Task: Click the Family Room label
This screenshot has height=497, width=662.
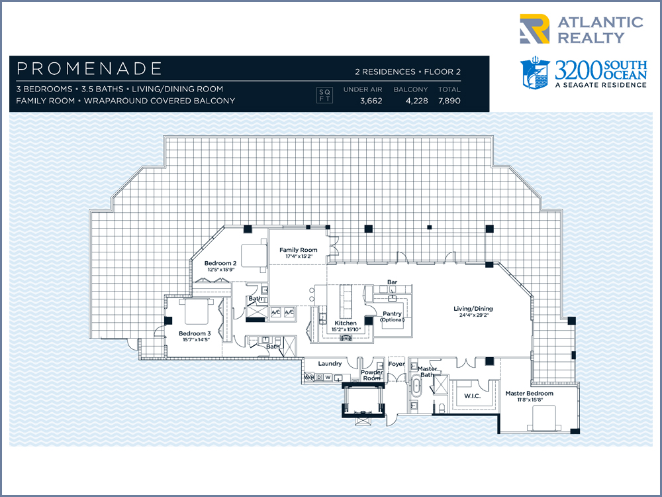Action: (298, 250)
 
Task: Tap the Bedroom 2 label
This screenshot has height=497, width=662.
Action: (220, 263)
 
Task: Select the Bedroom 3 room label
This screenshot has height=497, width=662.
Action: (195, 333)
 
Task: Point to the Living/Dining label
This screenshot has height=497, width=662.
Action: (473, 309)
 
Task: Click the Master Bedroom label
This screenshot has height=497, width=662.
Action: (530, 393)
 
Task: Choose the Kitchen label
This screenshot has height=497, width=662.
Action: (346, 323)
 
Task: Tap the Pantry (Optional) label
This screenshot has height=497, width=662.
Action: (392, 317)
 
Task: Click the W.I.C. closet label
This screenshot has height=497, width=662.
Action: (472, 396)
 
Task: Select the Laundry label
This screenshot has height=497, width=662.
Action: (330, 363)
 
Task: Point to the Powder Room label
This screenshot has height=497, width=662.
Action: (372, 375)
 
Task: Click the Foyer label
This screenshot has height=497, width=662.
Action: (397, 363)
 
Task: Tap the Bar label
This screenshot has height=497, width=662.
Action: (392, 282)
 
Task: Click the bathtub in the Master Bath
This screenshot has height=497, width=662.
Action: (416, 388)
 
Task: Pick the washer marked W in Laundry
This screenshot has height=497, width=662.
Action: (328, 377)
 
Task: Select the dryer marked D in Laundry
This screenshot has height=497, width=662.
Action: (319, 377)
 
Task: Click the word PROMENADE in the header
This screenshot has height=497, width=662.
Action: (89, 68)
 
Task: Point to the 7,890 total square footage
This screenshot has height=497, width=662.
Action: (449, 101)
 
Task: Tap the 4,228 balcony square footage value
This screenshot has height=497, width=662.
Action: (416, 101)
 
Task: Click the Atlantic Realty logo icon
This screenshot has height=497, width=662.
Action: (534, 28)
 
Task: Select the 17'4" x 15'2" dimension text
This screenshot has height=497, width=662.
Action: (299, 256)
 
